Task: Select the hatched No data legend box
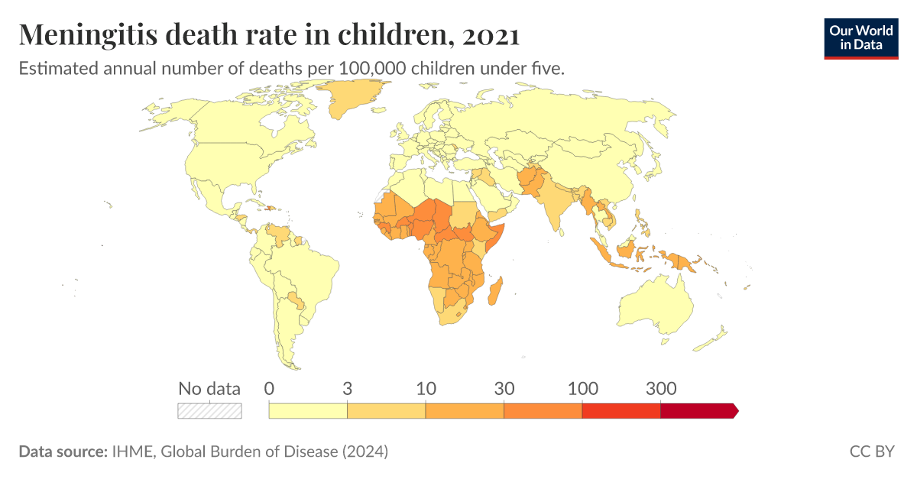click(209, 411)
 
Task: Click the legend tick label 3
click(347, 388)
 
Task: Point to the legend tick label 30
click(504, 388)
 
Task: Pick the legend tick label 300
click(660, 388)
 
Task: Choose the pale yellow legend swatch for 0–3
click(308, 411)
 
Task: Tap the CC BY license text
click(871, 451)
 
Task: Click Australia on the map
click(657, 306)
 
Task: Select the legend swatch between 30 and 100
click(543, 411)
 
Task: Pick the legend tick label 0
click(269, 388)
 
